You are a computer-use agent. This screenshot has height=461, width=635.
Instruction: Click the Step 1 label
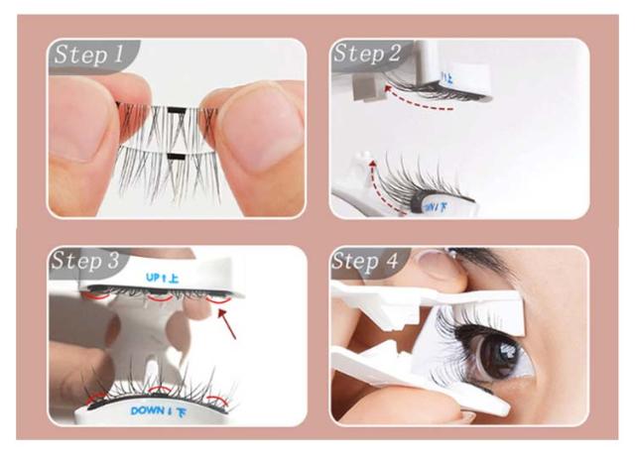click(x=88, y=55)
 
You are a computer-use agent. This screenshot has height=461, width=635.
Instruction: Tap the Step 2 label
click(x=366, y=53)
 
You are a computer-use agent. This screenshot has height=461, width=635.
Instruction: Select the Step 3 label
click(x=85, y=261)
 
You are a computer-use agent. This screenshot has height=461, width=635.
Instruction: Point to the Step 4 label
click(x=365, y=261)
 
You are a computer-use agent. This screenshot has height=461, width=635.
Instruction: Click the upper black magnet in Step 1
click(x=177, y=110)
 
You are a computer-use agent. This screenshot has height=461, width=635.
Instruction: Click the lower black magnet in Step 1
click(x=177, y=157)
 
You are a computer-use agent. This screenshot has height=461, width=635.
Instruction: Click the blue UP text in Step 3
click(x=153, y=278)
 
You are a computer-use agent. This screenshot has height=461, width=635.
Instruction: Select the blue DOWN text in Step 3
click(x=148, y=410)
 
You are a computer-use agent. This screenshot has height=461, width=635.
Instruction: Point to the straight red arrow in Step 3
click(x=227, y=323)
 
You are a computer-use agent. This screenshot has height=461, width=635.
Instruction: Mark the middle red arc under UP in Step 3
click(x=161, y=298)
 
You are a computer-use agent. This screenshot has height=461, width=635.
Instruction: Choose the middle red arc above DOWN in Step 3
click(x=161, y=390)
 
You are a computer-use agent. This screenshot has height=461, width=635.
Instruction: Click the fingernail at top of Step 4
click(x=435, y=258)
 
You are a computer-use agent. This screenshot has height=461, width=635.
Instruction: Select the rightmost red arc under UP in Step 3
click(x=218, y=300)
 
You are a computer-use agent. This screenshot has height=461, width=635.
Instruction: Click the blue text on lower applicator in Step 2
click(x=436, y=207)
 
